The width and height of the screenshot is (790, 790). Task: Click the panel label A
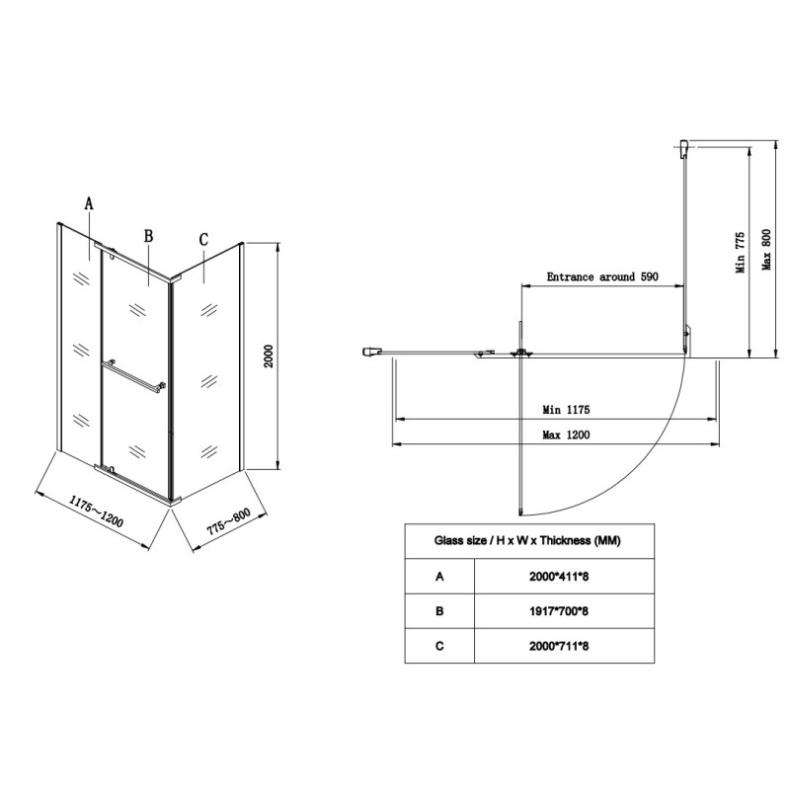tap(89, 203)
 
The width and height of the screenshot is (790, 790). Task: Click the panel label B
tap(148, 236)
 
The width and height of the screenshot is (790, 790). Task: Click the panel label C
tap(203, 240)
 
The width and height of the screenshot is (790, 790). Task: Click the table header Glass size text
tap(528, 540)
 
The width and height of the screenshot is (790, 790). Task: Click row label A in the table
tap(439, 576)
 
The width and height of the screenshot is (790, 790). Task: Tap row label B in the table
tap(439, 611)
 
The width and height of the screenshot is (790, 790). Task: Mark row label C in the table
tap(439, 647)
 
